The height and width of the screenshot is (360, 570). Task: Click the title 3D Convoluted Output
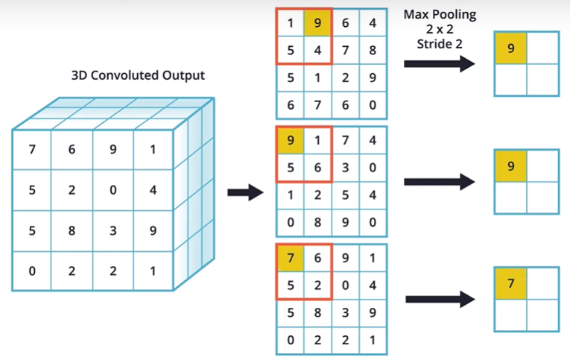[x=138, y=75]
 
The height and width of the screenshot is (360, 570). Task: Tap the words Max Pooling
[x=440, y=14]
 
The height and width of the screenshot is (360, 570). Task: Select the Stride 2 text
[x=440, y=43]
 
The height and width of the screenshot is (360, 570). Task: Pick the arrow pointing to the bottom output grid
[x=440, y=300]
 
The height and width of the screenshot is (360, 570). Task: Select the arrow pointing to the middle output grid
[x=440, y=181]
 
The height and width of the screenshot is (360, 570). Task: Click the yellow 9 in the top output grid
[x=510, y=48]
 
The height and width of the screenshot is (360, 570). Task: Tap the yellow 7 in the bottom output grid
[x=510, y=283]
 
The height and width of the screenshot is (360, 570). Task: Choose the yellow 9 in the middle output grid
[x=510, y=165]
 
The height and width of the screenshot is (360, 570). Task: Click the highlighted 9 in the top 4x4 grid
[x=318, y=24]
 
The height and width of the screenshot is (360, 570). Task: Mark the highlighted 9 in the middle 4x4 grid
[x=291, y=139]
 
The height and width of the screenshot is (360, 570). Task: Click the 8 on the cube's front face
[x=72, y=230]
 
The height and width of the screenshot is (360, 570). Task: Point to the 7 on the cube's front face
[x=32, y=150]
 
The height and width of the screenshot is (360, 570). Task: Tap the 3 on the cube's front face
[x=113, y=230]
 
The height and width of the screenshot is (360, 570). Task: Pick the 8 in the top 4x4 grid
[x=373, y=51]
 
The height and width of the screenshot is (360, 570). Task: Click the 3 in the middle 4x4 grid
[x=346, y=168]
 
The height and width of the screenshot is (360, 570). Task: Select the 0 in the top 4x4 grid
[x=373, y=105]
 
